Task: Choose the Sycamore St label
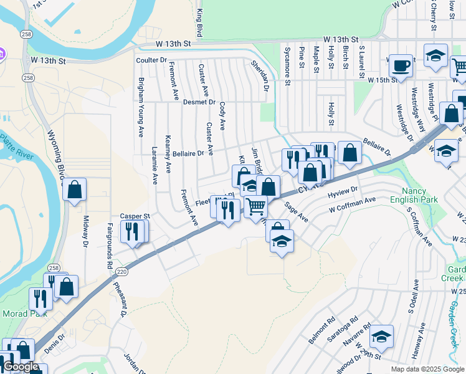[287, 65]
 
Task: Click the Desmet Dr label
[199, 102]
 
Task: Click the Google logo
[21, 367]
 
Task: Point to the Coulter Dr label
[152, 60]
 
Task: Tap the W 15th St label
[382, 80]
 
